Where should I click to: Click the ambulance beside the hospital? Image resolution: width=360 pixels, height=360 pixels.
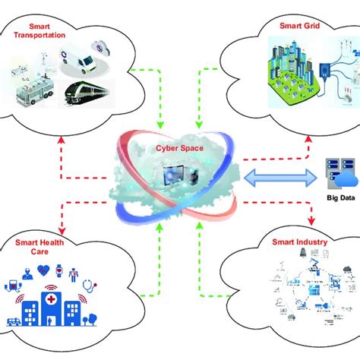point(14,317)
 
